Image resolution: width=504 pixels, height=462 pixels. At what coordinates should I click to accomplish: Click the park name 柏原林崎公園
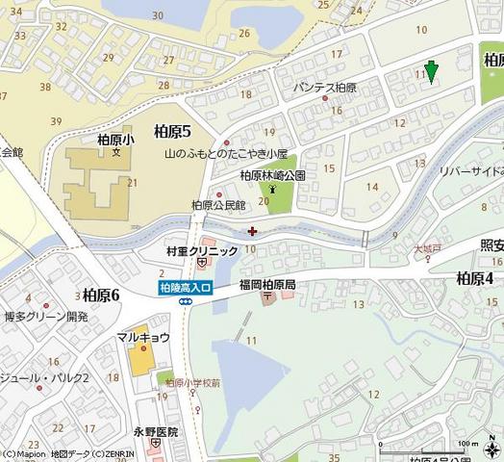[x=272, y=176]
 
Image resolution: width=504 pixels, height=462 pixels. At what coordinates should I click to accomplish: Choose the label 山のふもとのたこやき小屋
[x=226, y=154]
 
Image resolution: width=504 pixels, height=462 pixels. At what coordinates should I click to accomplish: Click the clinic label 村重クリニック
[x=201, y=251]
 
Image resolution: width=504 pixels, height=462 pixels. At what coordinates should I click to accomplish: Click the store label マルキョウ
[x=143, y=337]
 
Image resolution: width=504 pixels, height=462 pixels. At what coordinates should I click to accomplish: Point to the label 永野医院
[x=156, y=433]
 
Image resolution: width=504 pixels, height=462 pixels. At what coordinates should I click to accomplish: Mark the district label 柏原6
[x=100, y=295]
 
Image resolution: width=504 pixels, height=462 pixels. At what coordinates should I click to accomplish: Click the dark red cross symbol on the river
[x=252, y=230]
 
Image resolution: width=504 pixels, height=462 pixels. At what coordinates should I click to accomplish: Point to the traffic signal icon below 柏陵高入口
[x=184, y=301]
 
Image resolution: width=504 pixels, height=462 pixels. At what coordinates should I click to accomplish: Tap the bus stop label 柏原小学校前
[x=192, y=382]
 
